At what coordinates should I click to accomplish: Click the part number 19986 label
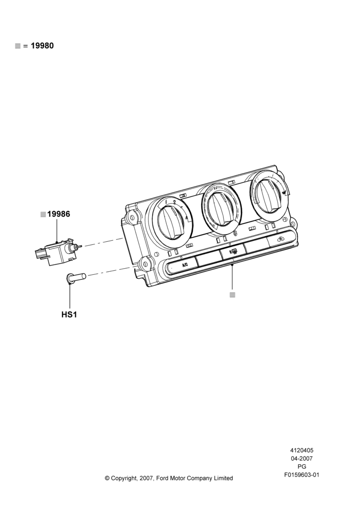58,214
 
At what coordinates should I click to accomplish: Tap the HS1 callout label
69,314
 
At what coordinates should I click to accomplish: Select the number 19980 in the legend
42,46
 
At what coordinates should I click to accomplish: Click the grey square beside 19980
18,46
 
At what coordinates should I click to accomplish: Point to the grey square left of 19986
43,214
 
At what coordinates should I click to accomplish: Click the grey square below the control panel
232,295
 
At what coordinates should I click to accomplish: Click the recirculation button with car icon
280,240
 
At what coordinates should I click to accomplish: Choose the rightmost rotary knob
270,193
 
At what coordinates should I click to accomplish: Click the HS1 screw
76,278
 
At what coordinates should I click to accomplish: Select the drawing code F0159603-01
302,475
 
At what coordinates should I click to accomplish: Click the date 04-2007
302,458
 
